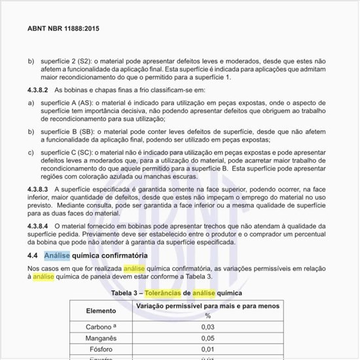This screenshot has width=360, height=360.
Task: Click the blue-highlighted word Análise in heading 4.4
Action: tap(57, 255)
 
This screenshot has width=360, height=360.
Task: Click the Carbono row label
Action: tap(99, 327)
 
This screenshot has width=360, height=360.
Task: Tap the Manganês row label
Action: tap(99, 338)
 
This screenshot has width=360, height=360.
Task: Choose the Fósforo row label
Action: tap(99, 350)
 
